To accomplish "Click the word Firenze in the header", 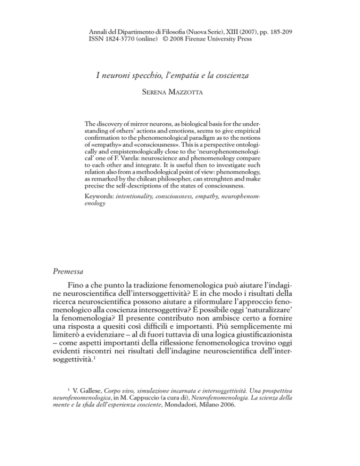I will [x=202, y=38].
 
